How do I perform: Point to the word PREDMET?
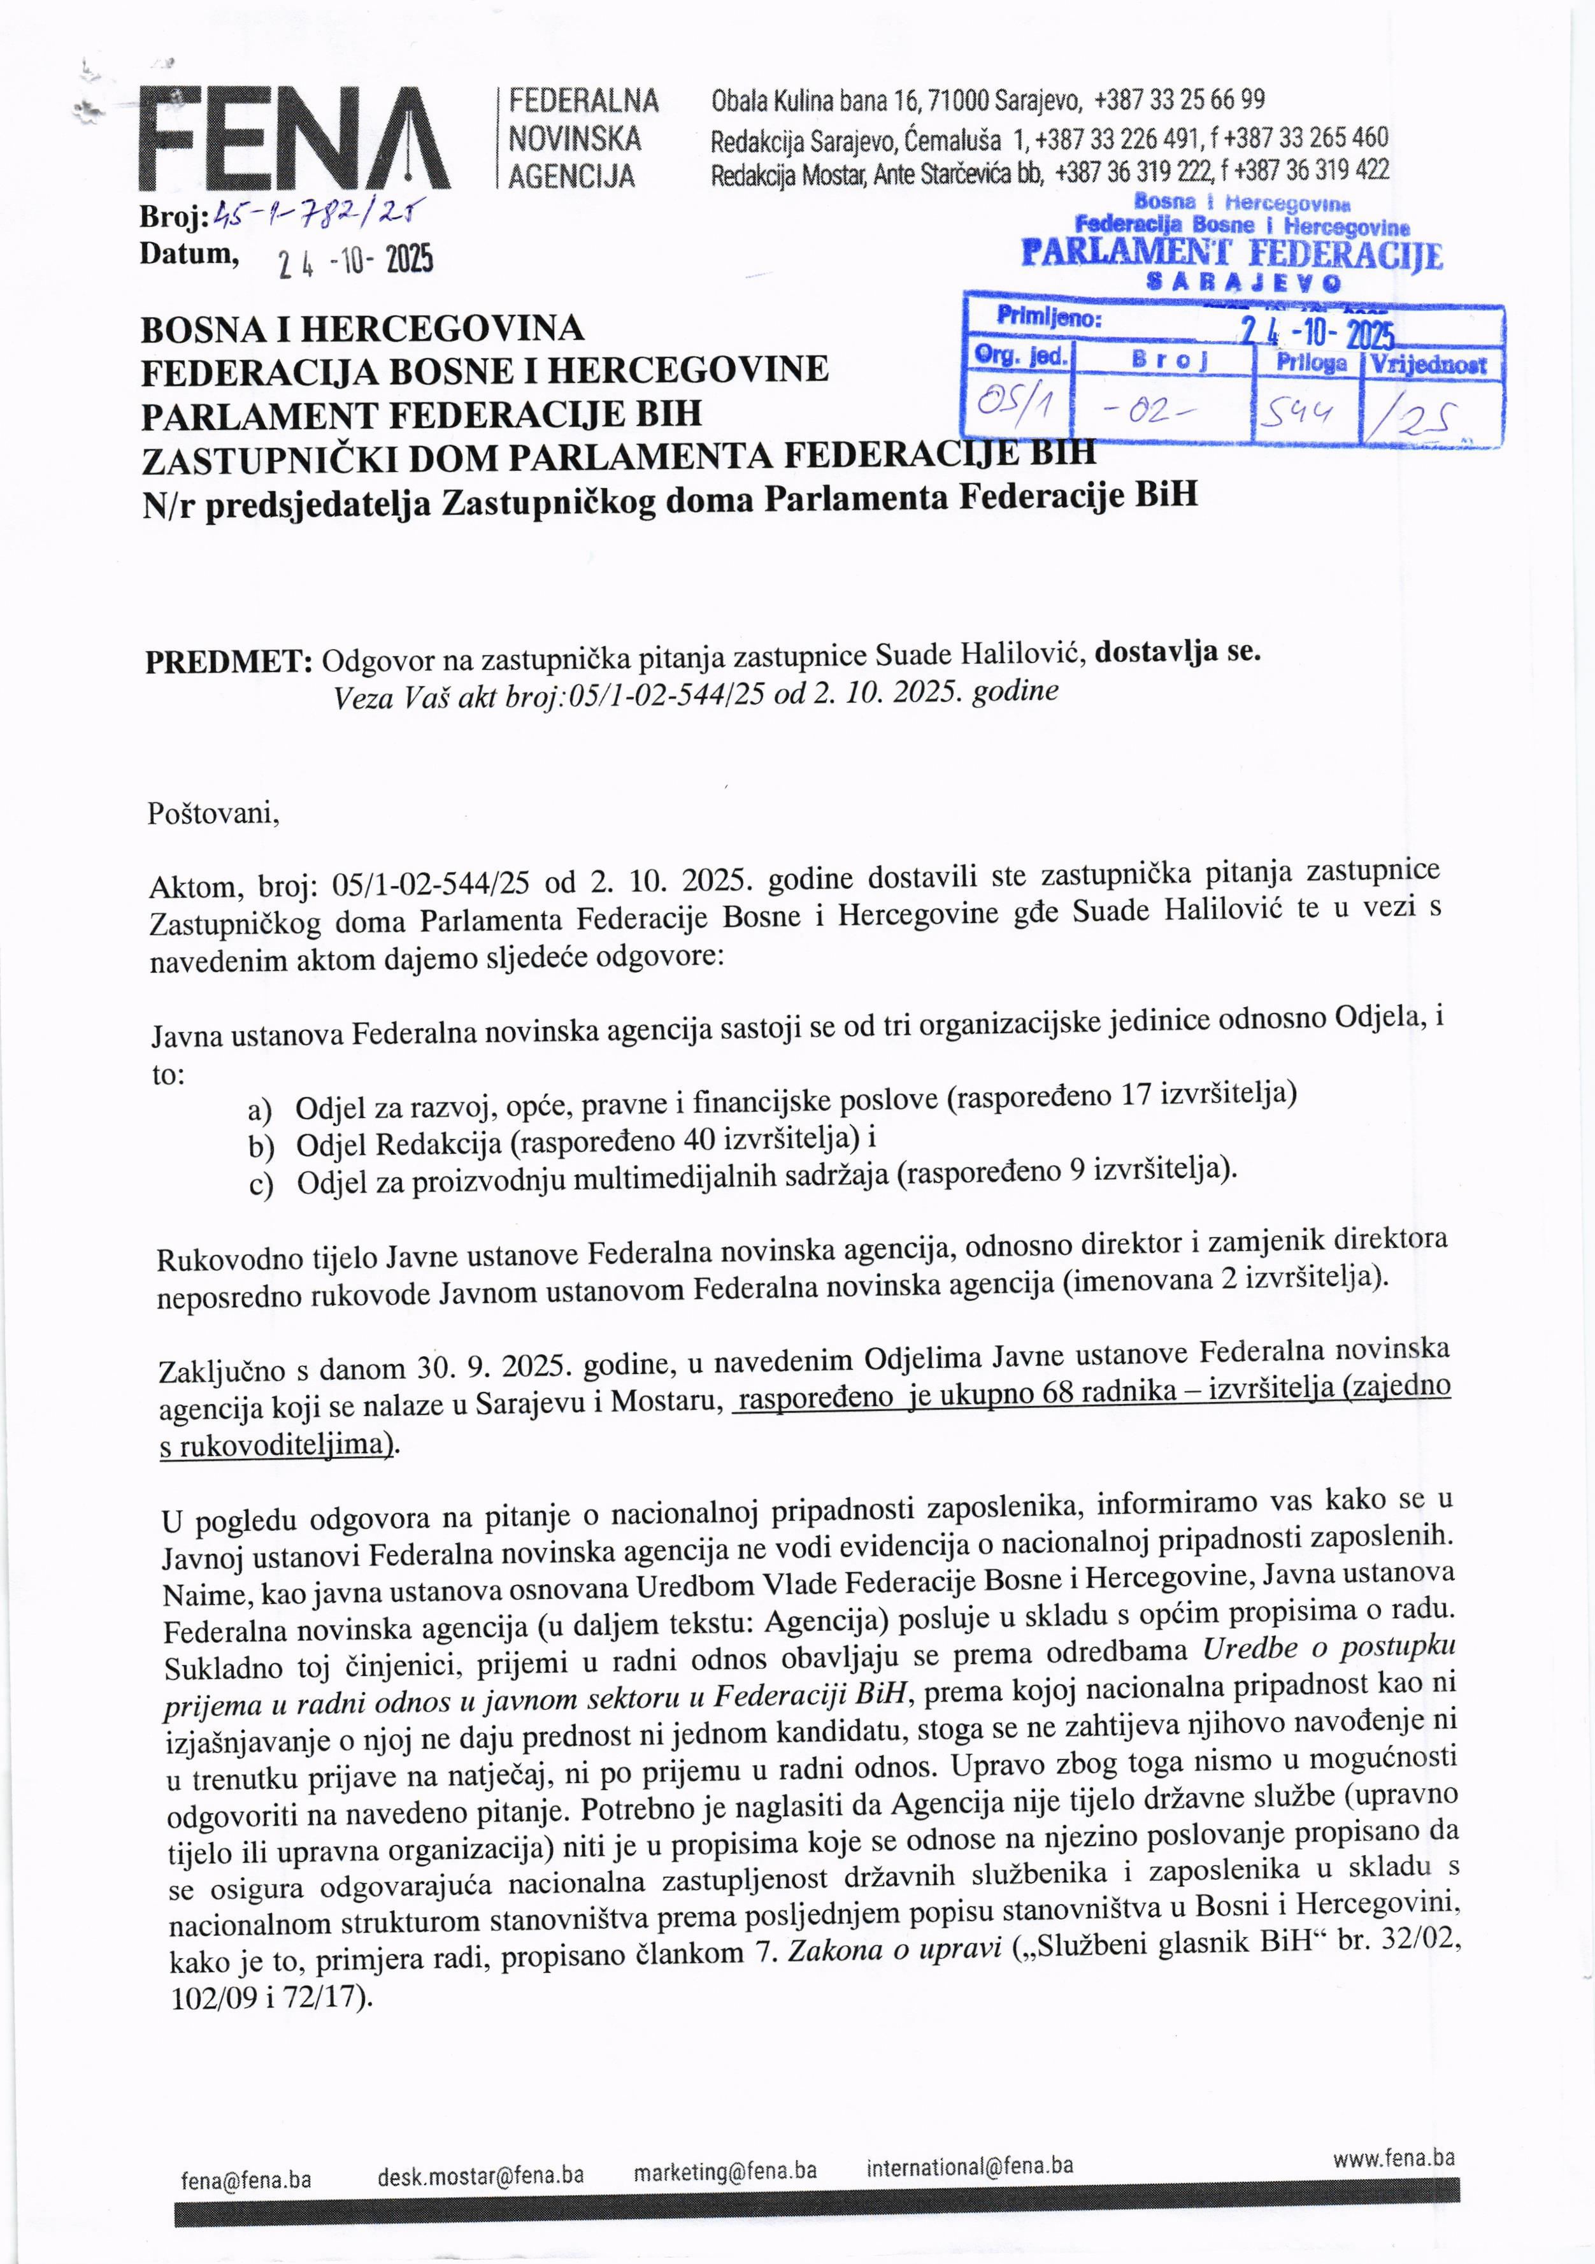(229, 662)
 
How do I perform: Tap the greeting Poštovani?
(213, 815)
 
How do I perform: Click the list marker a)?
(261, 1111)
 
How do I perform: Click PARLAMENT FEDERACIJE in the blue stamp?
(1231, 254)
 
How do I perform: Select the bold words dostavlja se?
(1178, 652)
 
